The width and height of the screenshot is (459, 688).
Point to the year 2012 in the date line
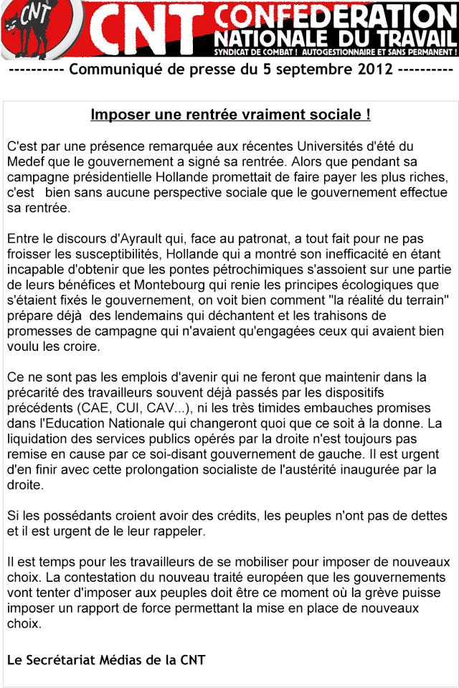(x=373, y=72)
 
